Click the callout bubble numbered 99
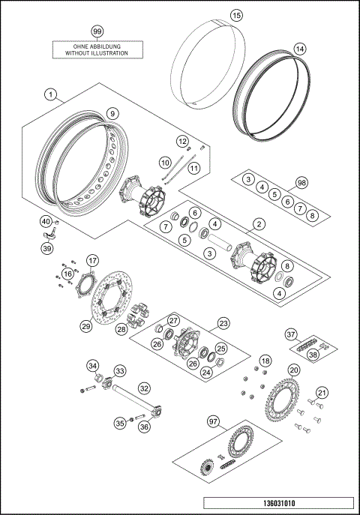click(x=96, y=31)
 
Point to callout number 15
click(x=215, y=15)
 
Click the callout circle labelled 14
click(x=299, y=49)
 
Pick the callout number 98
click(x=301, y=183)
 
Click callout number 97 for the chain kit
click(x=215, y=423)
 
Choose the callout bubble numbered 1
click(x=50, y=94)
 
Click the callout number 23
click(x=223, y=323)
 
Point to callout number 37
click(x=291, y=334)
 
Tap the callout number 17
click(x=92, y=261)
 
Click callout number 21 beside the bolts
click(x=321, y=393)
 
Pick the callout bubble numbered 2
click(x=260, y=223)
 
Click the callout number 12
click(x=182, y=140)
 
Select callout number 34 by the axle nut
click(x=93, y=365)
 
